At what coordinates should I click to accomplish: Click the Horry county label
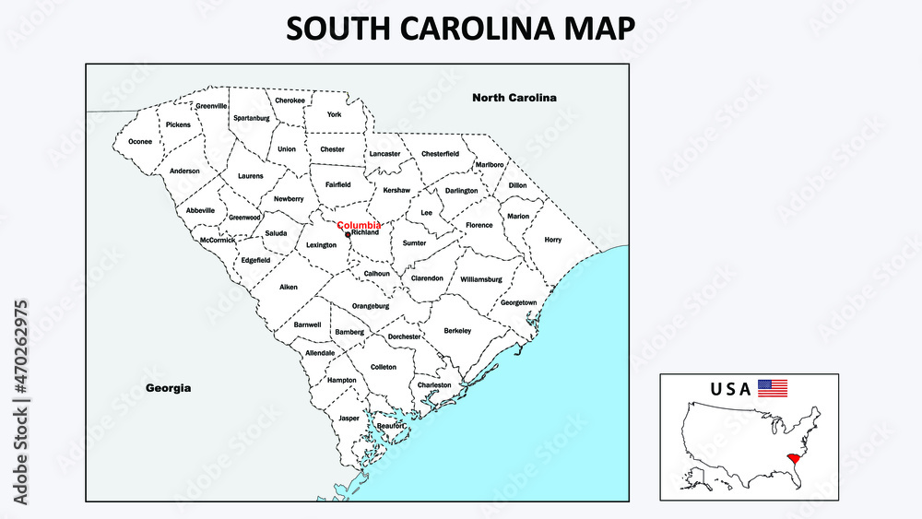click(x=552, y=240)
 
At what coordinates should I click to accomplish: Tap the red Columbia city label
click(x=360, y=225)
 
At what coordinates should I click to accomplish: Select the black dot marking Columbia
click(x=348, y=234)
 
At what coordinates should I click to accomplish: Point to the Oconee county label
click(x=140, y=142)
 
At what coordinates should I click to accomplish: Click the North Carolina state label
click(x=514, y=98)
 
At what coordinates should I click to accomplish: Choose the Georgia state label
click(x=169, y=388)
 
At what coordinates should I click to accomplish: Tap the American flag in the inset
click(x=773, y=388)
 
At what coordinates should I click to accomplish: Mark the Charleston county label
click(x=434, y=385)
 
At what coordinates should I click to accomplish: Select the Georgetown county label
click(x=518, y=302)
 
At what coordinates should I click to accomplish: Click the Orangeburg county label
click(x=371, y=306)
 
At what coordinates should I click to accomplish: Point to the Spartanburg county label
click(x=252, y=118)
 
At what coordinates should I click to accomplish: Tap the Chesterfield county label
click(x=440, y=154)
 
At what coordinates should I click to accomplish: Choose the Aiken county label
click(x=289, y=288)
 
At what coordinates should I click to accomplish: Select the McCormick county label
click(x=218, y=241)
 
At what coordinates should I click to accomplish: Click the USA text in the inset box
click(x=730, y=389)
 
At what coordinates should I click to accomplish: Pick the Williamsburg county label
click(x=480, y=278)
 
